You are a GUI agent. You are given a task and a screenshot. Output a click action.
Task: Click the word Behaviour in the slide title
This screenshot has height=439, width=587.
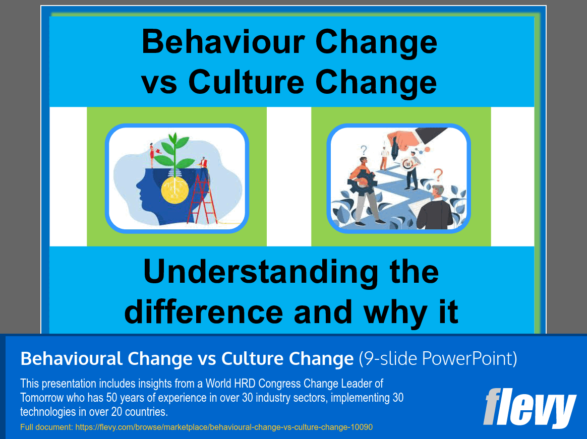coord(223,41)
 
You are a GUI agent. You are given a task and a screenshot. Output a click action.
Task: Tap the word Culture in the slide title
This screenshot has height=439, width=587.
coord(246,82)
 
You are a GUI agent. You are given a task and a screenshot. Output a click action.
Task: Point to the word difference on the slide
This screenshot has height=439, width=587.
coord(204,312)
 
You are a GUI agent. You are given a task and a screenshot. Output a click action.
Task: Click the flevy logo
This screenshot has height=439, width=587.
coord(530,408)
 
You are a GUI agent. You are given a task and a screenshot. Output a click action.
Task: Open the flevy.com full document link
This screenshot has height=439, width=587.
coord(224,427)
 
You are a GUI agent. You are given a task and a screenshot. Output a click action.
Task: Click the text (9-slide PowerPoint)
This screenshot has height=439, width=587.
coord(438,358)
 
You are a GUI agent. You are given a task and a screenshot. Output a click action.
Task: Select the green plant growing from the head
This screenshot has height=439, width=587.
coord(174,152)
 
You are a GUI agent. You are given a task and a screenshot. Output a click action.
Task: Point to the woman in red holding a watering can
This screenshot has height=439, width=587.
coord(152,155)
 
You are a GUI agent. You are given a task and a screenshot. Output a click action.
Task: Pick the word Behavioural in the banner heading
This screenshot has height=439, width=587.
coord(72,358)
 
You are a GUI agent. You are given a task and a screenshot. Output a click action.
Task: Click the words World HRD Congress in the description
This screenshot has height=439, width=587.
coord(254,384)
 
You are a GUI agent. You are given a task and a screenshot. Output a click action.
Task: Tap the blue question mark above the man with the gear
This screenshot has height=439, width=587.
coord(364,150)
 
